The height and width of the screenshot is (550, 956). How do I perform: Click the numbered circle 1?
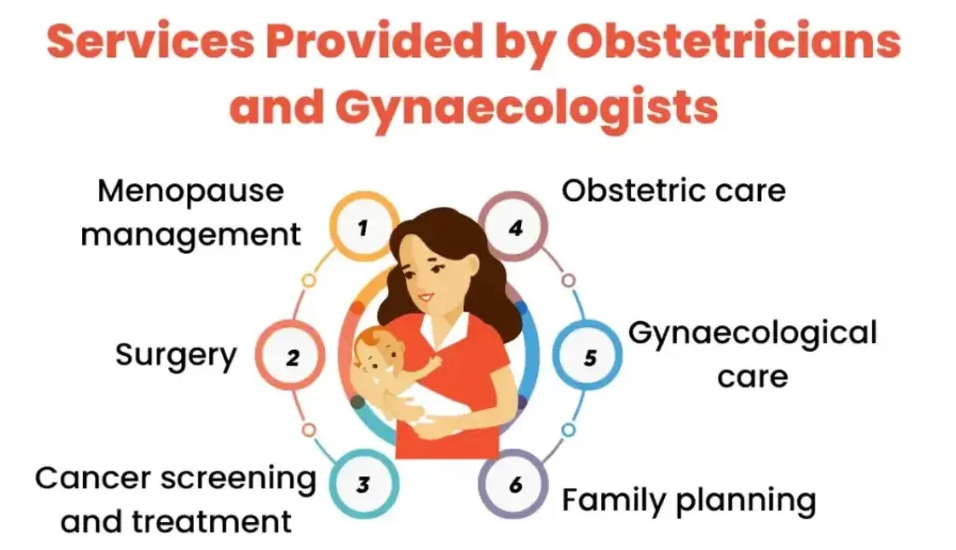click(x=363, y=228)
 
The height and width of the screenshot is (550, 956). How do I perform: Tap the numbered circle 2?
click(x=291, y=357)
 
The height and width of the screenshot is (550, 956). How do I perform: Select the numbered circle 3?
click(x=363, y=484)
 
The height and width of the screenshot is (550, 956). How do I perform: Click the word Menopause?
click(x=191, y=192)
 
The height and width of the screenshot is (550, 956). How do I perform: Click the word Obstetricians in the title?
click(x=733, y=42)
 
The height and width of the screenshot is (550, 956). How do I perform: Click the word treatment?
click(x=211, y=522)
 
